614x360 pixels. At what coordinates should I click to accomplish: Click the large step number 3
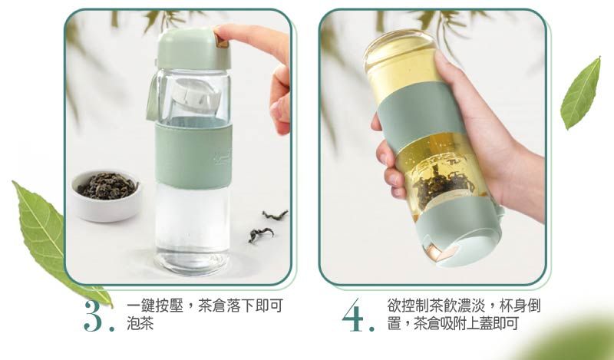tap(94, 316)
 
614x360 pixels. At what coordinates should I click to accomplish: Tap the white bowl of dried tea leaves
tap(107, 196)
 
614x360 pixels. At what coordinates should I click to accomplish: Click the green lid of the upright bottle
tap(193, 48)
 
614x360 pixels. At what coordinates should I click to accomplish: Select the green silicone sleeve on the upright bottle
tap(193, 155)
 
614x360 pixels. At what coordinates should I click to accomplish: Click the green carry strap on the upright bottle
tap(151, 99)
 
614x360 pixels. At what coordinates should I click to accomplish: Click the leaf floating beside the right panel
tap(581, 94)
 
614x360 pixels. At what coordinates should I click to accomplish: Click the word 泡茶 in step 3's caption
tap(140, 324)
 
